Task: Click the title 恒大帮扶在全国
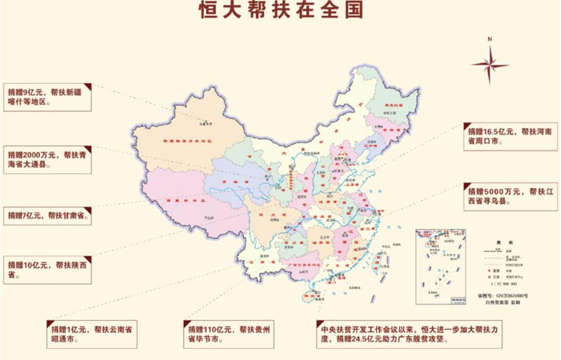pos(280,10)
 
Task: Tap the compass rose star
pos(489,63)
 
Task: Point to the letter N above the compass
pos(490,39)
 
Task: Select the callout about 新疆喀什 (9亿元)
pos(47,97)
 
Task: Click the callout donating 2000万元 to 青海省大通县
pos(47,159)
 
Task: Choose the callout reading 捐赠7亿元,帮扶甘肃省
pos(47,216)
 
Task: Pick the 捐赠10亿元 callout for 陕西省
pos(47,270)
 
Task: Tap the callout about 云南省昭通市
pos(92,334)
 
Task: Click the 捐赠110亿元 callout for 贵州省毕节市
pos(228,334)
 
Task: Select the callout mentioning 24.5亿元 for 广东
pos(408,334)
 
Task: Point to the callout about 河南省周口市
pos(510,136)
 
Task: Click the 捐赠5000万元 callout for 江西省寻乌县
pos(510,196)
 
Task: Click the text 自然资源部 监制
pos(502,303)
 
